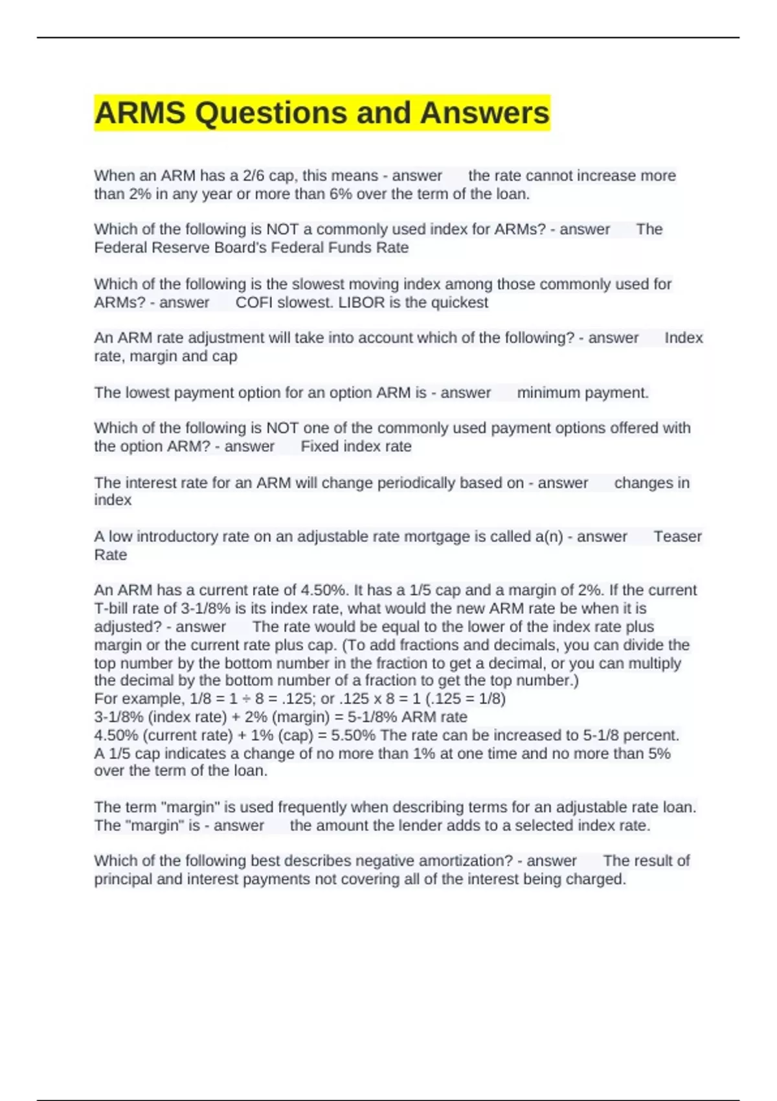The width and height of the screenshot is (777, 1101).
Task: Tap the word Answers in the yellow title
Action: coord(484,113)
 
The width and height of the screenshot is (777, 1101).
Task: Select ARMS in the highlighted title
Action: coord(141,113)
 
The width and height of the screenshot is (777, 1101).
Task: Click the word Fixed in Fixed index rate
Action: coord(319,446)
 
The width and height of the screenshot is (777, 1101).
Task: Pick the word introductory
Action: coord(177,536)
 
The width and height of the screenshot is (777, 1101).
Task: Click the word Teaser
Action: coord(677,536)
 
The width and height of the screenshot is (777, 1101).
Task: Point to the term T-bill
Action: coord(112,608)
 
